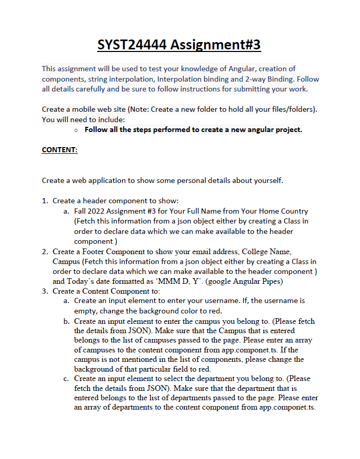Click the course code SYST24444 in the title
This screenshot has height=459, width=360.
[x=132, y=45]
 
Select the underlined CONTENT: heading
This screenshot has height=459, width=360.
[x=59, y=150]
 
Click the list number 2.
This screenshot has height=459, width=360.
[x=45, y=252]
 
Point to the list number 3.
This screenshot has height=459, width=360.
[x=45, y=291]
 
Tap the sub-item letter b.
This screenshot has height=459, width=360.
[x=66, y=321]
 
